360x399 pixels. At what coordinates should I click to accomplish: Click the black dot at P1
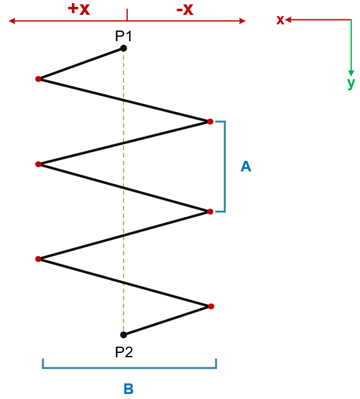tap(124, 48)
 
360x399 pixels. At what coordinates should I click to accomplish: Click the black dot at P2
tap(124, 335)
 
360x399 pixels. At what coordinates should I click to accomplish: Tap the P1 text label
tap(124, 36)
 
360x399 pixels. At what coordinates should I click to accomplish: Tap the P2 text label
tap(124, 352)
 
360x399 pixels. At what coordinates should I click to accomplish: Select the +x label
tap(79, 9)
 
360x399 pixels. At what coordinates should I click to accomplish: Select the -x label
tap(185, 10)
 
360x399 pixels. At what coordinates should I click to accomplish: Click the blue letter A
tap(246, 166)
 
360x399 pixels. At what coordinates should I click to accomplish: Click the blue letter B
tap(129, 388)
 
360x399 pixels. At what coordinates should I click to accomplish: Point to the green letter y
tap(351, 84)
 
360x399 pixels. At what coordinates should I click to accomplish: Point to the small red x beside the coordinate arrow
tap(280, 20)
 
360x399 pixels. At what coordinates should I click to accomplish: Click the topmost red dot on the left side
tap(39, 79)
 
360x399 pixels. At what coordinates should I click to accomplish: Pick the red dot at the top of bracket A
tap(210, 122)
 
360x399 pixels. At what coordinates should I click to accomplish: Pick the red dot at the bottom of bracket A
tap(210, 211)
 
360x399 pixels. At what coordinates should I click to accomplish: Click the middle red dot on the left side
tap(39, 165)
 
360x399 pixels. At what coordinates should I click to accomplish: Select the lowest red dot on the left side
tap(39, 259)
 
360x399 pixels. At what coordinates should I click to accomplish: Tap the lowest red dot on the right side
tap(211, 306)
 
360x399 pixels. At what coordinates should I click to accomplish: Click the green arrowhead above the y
tap(351, 73)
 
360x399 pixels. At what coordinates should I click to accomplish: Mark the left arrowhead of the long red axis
tap(12, 21)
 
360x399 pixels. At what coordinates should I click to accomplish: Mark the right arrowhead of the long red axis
tap(242, 21)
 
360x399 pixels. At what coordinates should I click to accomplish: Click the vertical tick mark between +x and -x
tap(127, 15)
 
